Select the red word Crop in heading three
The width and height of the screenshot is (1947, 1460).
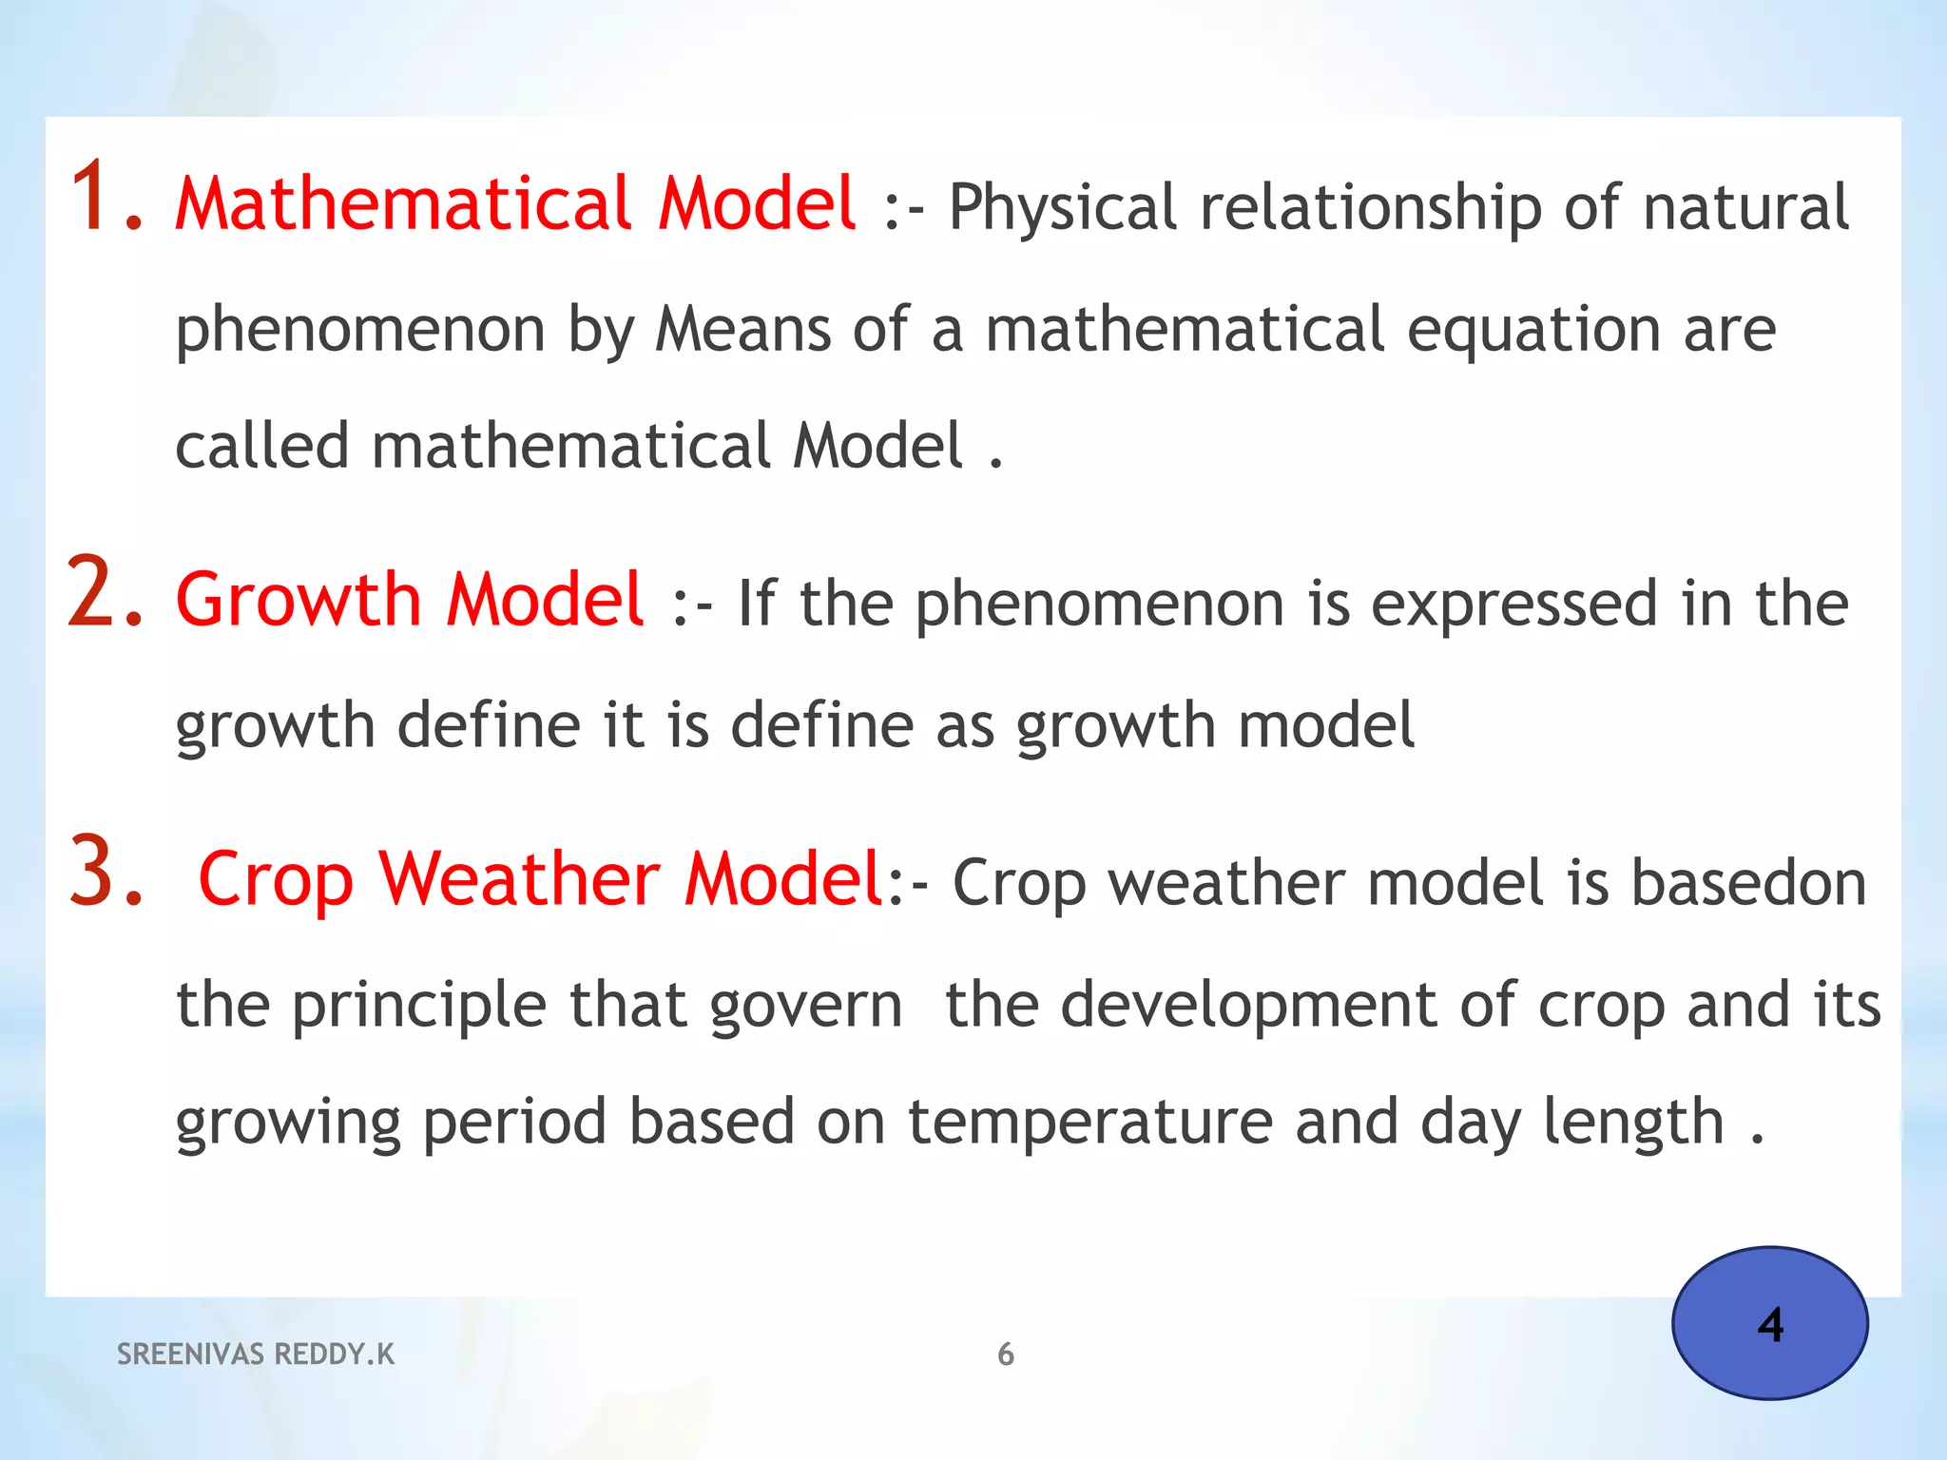(x=276, y=880)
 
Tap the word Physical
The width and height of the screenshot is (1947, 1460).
(x=1062, y=208)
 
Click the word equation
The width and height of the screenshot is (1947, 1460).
(x=1533, y=331)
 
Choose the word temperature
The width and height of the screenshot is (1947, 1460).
(x=1089, y=1123)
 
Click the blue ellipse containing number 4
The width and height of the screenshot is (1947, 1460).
(x=1769, y=1323)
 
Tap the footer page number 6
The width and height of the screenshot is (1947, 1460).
(x=1006, y=1354)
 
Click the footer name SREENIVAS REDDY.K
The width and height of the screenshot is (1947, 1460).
(x=255, y=1354)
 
